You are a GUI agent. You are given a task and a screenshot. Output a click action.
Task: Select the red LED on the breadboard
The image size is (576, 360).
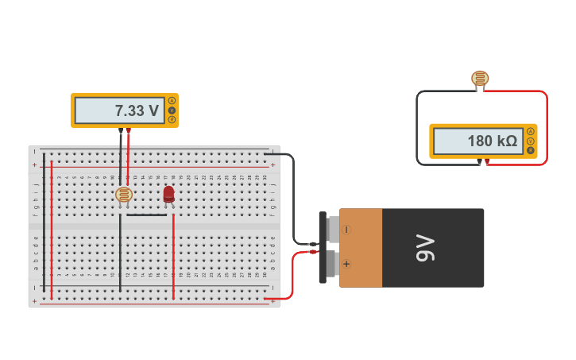tap(168, 194)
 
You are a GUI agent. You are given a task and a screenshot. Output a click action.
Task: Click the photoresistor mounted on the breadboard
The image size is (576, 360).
tap(124, 194)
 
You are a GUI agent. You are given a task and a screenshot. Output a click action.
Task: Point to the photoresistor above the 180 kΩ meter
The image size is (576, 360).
tap(480, 78)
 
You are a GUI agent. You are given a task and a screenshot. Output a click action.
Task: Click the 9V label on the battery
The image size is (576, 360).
tap(426, 247)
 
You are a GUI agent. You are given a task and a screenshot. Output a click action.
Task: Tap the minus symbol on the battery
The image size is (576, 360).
tap(346, 230)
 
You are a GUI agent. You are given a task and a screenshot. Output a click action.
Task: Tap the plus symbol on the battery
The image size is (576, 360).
tap(346, 263)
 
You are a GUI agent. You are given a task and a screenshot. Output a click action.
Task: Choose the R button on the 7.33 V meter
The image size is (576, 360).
tap(172, 120)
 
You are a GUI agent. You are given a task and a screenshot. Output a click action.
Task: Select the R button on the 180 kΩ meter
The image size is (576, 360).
tap(530, 150)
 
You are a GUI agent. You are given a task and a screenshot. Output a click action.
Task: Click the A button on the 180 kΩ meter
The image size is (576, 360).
tap(530, 131)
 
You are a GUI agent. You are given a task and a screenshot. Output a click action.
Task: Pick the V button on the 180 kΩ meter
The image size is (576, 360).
tap(530, 141)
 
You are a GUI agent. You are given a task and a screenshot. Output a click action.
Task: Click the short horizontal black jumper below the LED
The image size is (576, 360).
tap(147, 215)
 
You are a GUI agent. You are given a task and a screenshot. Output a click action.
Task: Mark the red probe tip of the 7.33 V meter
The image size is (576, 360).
tap(128, 130)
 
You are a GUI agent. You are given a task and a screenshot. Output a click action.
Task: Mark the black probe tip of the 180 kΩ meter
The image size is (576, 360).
tap(480, 161)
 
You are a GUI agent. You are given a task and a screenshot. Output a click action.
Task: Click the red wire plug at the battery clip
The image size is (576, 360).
tap(313, 252)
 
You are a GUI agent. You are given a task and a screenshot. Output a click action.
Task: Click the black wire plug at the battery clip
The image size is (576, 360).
tap(313, 244)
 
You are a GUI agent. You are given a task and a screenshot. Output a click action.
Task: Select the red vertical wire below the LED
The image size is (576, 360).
tap(173, 254)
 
